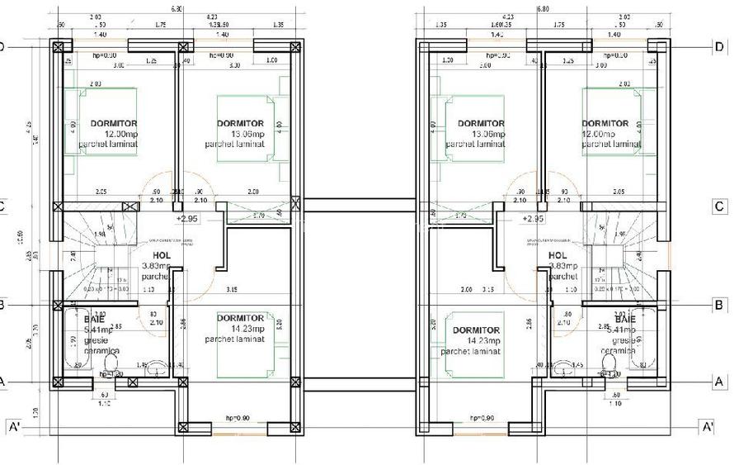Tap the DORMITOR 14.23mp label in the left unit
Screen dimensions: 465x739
(240, 318)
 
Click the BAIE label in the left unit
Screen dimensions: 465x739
(94, 319)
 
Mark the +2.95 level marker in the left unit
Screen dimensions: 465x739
(187, 219)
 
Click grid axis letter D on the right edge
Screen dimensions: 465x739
(718, 47)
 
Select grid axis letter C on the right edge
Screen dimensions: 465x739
(718, 206)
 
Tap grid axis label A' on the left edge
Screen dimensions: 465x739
(14, 427)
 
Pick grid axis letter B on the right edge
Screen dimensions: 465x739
(718, 305)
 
